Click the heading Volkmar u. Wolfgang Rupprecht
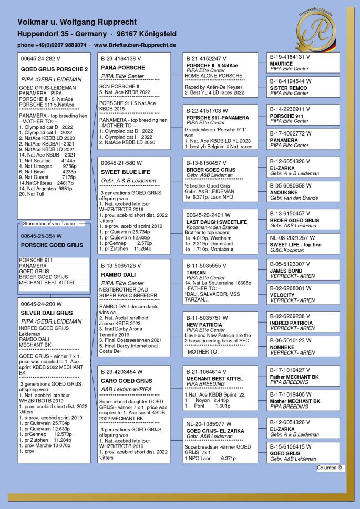(x=77, y=23)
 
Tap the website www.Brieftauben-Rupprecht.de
(x=135, y=46)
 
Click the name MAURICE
(x=281, y=64)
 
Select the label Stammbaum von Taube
(x=47, y=223)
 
